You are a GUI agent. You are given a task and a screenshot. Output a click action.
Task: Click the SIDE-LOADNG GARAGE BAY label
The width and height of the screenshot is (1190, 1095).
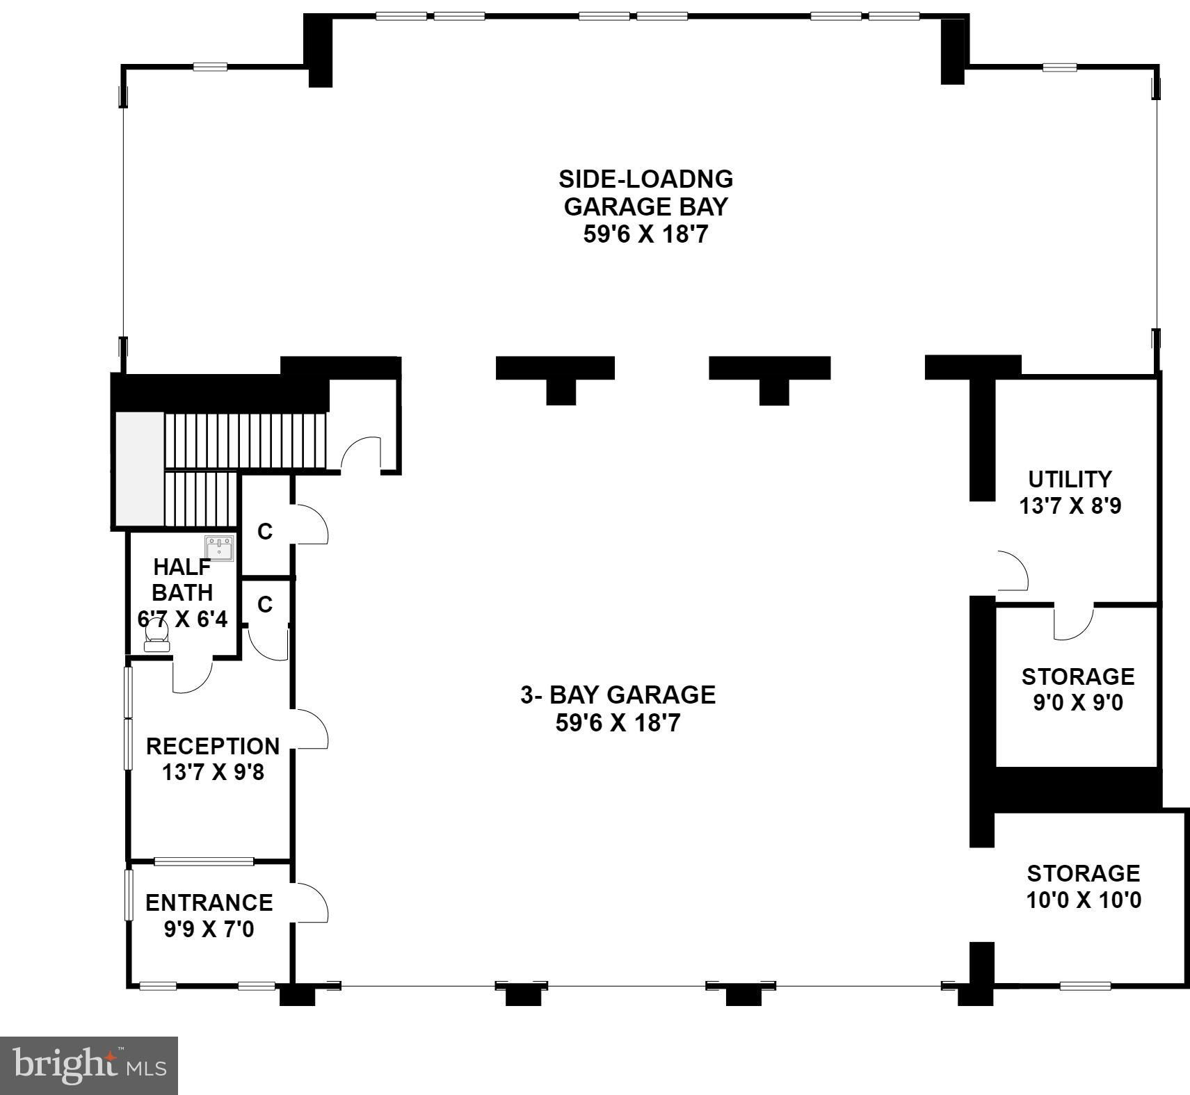[x=645, y=206]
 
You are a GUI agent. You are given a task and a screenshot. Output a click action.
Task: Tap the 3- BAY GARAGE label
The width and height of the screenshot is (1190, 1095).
[x=618, y=708]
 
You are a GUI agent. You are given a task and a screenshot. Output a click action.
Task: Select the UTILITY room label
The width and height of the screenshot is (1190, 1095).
[x=1070, y=492]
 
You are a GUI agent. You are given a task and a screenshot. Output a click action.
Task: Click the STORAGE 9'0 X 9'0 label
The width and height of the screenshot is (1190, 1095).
[x=1077, y=689]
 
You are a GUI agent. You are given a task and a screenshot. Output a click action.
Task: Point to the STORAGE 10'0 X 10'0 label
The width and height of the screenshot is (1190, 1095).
[x=1084, y=886]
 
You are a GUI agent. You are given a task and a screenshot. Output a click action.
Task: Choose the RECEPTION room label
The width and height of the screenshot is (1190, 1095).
[x=213, y=759]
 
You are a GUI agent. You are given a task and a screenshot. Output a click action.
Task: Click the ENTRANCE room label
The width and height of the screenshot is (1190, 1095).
[x=209, y=916]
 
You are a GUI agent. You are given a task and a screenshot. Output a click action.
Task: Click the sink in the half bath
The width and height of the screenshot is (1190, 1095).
[x=219, y=548]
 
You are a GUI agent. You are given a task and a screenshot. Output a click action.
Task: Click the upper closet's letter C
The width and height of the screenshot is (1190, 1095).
[x=265, y=532]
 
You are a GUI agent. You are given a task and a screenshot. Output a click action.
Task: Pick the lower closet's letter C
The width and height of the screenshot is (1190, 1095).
[x=265, y=605]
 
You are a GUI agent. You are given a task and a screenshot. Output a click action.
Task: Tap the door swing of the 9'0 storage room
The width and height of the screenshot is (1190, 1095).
[x=1074, y=623]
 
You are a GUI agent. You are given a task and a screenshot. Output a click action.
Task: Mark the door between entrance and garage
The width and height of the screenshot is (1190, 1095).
[x=310, y=902]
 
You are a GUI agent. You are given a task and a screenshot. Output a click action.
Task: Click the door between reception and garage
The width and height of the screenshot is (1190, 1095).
[x=310, y=729]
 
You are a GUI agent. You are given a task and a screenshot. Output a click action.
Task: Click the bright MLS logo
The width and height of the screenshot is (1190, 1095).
[x=89, y=1066]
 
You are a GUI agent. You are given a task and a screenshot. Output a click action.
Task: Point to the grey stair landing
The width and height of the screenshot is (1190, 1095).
[x=139, y=469]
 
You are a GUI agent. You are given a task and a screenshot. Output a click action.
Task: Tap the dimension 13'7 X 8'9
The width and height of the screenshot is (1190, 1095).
[x=1070, y=505]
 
